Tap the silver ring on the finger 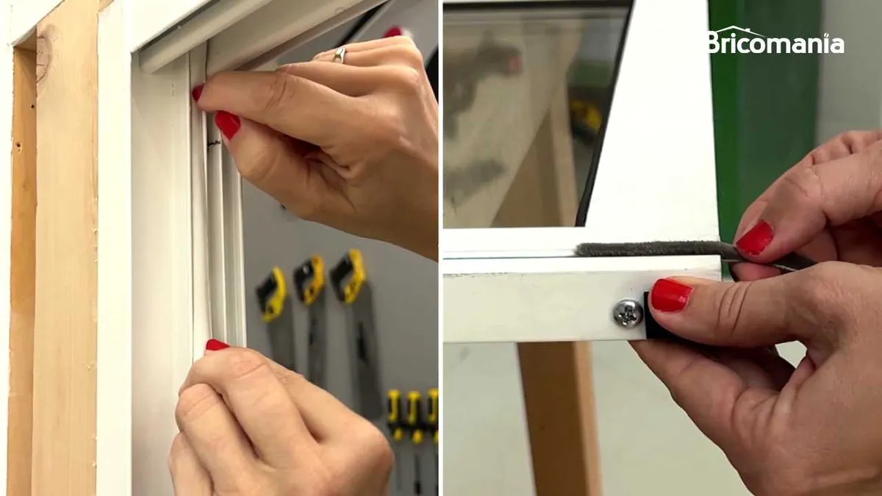[x=340, y=54]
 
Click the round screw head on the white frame [x=628, y=312]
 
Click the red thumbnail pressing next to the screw [x=672, y=295]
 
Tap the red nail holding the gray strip [x=754, y=238]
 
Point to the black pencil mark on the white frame [x=215, y=141]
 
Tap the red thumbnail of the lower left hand [x=217, y=345]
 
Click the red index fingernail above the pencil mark [x=228, y=125]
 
